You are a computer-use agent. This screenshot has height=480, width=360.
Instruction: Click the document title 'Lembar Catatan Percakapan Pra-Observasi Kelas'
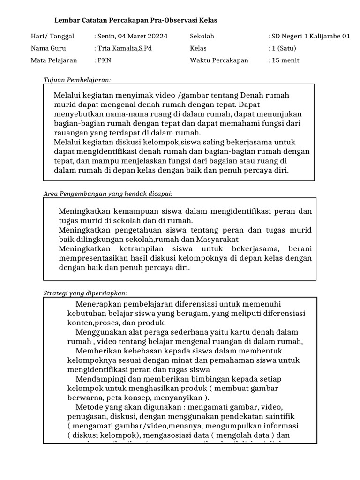pyautogui.click(x=136, y=21)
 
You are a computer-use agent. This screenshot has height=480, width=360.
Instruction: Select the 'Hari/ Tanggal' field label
pyautogui.click(x=52, y=36)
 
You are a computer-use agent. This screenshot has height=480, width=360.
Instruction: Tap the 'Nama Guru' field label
pyautogui.click(x=48, y=48)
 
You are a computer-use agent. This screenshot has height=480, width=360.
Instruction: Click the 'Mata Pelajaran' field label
pyautogui.click(x=54, y=60)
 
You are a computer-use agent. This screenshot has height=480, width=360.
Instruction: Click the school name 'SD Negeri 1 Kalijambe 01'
pyautogui.click(x=310, y=36)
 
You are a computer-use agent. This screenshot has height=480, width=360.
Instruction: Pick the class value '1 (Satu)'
pyautogui.click(x=283, y=48)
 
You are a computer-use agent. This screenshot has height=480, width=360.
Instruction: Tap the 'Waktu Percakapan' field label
pyautogui.click(x=219, y=60)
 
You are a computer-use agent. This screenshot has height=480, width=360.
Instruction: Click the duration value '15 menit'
pyautogui.click(x=285, y=60)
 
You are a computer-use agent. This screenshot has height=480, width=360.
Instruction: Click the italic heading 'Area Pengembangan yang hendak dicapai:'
pyautogui.click(x=108, y=194)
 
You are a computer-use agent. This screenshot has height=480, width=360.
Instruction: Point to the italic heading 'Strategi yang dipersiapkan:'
pyautogui.click(x=85, y=293)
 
